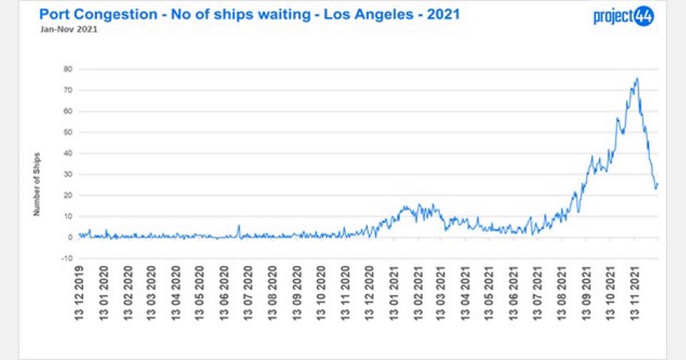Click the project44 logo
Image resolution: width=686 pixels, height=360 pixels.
(623, 16)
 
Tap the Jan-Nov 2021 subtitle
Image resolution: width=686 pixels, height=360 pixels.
(59, 30)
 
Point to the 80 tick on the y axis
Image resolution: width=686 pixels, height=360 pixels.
(69, 69)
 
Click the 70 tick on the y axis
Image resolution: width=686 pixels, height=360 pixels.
(69, 90)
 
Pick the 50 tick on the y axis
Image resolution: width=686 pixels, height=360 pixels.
(69, 132)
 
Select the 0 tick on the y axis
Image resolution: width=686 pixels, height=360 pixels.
(71, 237)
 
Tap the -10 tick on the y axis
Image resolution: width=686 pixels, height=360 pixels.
(67, 258)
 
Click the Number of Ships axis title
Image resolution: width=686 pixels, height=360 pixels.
(37, 184)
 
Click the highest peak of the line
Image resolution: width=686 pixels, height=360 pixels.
(637, 79)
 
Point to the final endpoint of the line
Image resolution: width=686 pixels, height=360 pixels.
(657, 184)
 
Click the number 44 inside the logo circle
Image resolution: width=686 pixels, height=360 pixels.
(644, 16)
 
